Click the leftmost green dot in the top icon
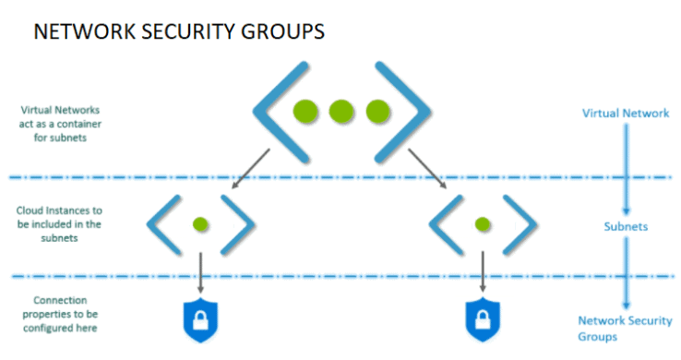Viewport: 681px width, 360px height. [x=306, y=112]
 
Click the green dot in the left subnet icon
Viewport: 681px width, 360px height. [x=200, y=223]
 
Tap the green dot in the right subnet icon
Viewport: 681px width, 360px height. [x=482, y=223]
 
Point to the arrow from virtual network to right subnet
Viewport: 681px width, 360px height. [x=432, y=170]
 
